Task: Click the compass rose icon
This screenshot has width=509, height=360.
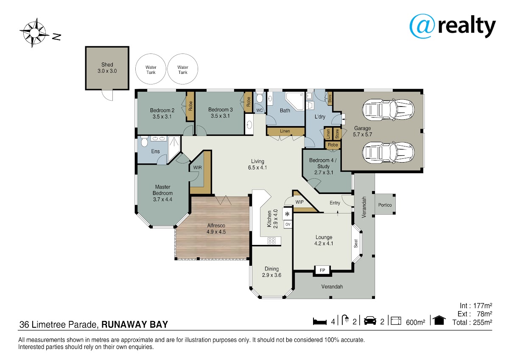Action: pyautogui.click(x=34, y=33)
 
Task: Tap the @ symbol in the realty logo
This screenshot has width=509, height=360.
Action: pyautogui.click(x=422, y=26)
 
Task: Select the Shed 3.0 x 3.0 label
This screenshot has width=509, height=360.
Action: pyautogui.click(x=107, y=68)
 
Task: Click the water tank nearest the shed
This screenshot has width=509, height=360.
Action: pyautogui.click(x=151, y=69)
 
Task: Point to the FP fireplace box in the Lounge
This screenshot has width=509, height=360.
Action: pyautogui.click(x=322, y=270)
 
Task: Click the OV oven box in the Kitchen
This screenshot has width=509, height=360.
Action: pyautogui.click(x=288, y=225)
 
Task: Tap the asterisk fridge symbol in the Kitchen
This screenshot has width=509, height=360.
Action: pyautogui.click(x=287, y=214)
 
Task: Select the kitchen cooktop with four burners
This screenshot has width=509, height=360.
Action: pyautogui.click(x=271, y=241)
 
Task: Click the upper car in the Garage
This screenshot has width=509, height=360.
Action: pyautogui.click(x=388, y=110)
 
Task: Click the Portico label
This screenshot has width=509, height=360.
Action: pyautogui.click(x=385, y=205)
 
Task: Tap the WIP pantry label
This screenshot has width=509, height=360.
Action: pyautogui.click(x=299, y=202)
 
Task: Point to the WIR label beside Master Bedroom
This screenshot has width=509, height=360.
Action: pyautogui.click(x=197, y=168)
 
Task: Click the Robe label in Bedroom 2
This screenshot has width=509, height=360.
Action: pyautogui.click(x=190, y=106)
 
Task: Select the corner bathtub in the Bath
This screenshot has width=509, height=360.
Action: pyautogui.click(x=295, y=101)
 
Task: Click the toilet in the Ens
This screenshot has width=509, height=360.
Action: pyautogui.click(x=144, y=141)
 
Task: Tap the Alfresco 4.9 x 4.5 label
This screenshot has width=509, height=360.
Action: pyautogui.click(x=216, y=228)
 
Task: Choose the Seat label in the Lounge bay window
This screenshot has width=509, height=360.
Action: pyautogui.click(x=356, y=243)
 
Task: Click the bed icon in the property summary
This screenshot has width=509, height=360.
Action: pyautogui.click(x=320, y=321)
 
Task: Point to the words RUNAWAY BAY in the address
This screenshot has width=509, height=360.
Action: pyautogui.click(x=134, y=324)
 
